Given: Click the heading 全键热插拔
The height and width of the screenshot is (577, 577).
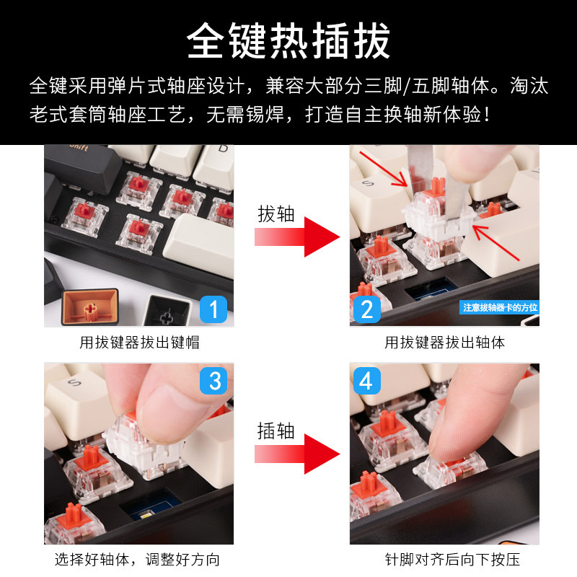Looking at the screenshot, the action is click(288, 40).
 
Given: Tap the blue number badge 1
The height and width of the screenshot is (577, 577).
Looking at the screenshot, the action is click(213, 309).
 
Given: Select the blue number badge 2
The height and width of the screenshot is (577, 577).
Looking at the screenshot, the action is click(367, 309).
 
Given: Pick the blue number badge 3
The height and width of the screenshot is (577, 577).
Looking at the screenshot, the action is click(213, 381).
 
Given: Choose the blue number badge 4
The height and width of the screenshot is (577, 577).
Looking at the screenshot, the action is click(367, 381).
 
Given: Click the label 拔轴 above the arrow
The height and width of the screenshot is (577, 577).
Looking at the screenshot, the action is click(276, 214).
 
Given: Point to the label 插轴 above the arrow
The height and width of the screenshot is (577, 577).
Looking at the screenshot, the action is click(276, 431).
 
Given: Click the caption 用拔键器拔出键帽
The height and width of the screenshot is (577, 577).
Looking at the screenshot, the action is click(139, 343).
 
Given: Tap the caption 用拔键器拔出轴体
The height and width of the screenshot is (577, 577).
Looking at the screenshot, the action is click(444, 343).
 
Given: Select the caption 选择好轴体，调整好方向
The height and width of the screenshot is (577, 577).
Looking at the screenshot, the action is click(137, 560).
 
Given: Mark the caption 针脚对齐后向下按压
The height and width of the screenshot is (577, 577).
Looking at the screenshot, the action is click(452, 560).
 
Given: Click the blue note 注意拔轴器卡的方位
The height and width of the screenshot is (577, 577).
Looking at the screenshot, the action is click(500, 307).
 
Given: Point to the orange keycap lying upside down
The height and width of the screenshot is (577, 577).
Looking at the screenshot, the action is click(90, 307).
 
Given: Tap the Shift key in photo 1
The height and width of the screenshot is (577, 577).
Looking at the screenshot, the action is click(83, 167).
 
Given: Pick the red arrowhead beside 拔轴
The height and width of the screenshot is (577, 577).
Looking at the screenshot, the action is click(322, 237).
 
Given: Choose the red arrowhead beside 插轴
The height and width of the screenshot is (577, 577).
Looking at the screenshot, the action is click(322, 454).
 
